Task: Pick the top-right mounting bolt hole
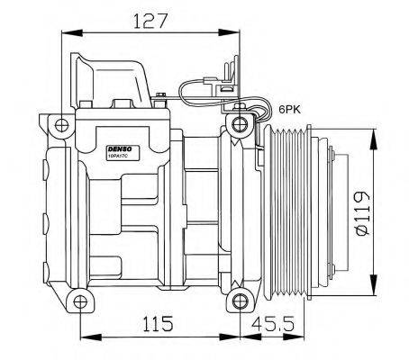tap(238, 123)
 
